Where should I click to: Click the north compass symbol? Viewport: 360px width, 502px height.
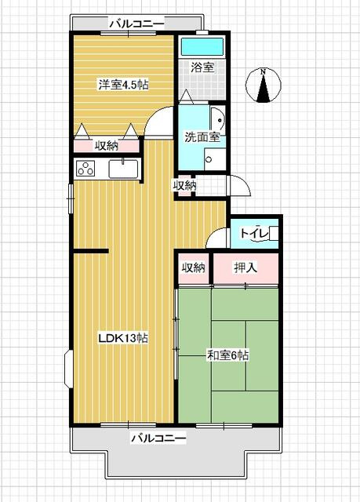(x=264, y=85)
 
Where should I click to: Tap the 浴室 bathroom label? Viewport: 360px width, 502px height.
(x=202, y=67)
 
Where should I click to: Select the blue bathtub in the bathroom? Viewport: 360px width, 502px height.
(x=202, y=46)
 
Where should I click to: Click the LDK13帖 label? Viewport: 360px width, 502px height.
(x=123, y=338)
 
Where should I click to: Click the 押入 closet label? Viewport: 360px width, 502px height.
(x=245, y=268)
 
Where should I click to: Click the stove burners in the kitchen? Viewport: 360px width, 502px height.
(x=85, y=169)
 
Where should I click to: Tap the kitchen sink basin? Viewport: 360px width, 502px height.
(x=123, y=169)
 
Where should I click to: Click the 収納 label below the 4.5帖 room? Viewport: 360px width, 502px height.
(x=107, y=145)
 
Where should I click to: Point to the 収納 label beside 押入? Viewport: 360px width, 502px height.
(x=193, y=268)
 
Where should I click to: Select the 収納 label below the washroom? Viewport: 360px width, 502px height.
(x=185, y=185)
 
